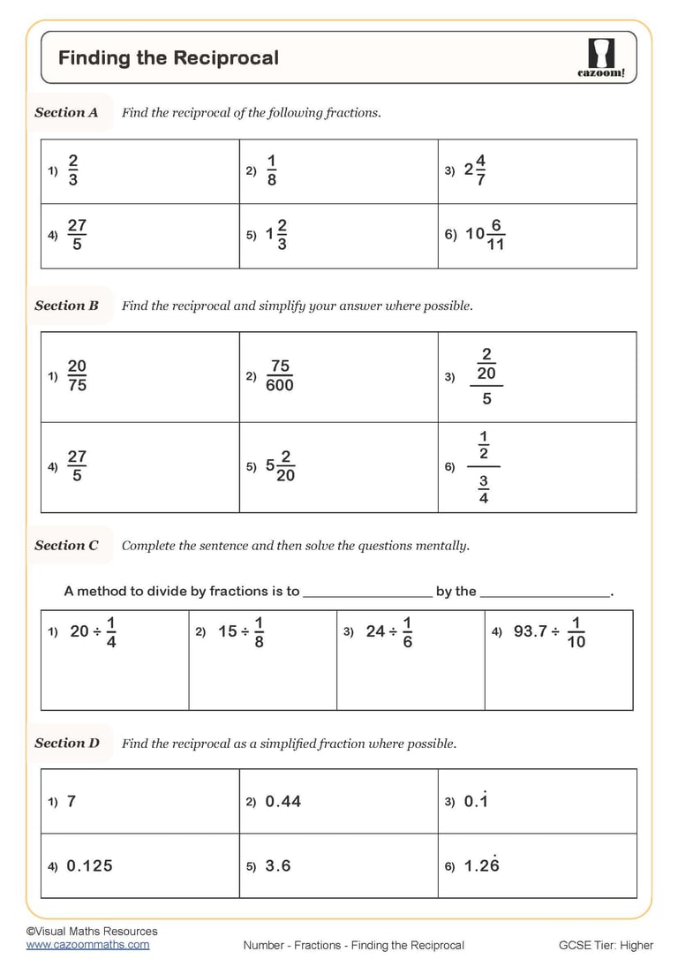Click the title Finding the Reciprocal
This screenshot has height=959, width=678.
coord(169,58)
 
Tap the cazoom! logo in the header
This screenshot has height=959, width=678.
coord(600,58)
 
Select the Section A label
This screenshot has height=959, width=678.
coord(66,112)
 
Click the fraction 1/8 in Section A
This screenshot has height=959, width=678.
coord(271,170)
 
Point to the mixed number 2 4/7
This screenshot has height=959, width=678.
coord(475,170)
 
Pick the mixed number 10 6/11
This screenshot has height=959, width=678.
coord(485,235)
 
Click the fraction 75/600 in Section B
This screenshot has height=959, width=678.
coord(279,376)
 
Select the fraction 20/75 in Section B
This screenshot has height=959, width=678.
coord(77,376)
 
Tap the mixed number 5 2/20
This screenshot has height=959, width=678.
coord(280,466)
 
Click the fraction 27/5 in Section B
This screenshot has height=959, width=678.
coord(77,466)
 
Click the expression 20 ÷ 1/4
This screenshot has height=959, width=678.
coord(93,632)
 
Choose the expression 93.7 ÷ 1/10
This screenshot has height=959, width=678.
coord(549,632)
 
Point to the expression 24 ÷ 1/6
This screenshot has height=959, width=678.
coord(389,632)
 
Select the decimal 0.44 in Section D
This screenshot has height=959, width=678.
coord(282,801)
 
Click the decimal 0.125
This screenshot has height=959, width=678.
coord(89,866)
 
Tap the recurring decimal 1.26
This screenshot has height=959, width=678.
coord(481,865)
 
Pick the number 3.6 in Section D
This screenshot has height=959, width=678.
coord(278,866)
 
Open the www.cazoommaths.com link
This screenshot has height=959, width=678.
coord(87,944)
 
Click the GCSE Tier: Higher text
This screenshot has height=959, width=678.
coord(605,945)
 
